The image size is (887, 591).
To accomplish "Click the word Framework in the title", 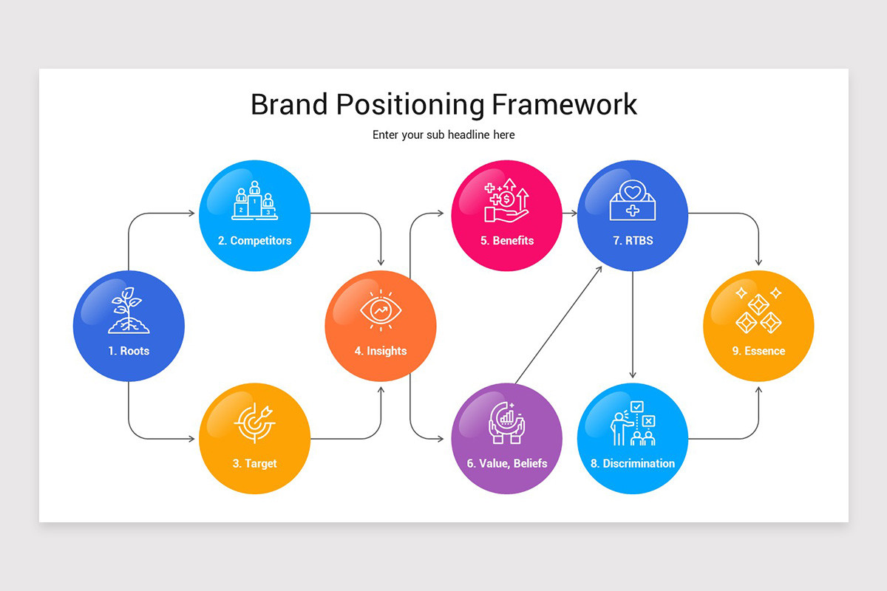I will [563, 104].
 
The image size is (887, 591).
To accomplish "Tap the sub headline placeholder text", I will [443, 134].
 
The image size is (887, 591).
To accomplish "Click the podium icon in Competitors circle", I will [255, 201].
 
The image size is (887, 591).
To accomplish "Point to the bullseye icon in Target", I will [254, 420].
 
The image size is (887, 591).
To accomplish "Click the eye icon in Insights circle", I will [381, 310].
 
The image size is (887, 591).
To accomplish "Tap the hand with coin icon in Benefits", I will [506, 201].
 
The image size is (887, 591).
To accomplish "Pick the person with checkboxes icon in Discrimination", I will [633, 424].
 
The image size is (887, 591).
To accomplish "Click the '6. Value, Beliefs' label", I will [507, 463].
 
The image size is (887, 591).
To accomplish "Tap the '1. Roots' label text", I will [129, 351].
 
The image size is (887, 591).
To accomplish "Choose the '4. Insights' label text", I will [381, 351].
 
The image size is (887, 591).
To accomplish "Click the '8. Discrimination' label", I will [633, 463].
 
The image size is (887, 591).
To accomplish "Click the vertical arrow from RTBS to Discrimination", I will [633, 325].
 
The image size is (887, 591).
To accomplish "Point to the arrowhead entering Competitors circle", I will [191, 213].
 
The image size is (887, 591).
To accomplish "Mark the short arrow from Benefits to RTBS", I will [569, 213].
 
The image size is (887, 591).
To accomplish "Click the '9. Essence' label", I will [758, 351].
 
